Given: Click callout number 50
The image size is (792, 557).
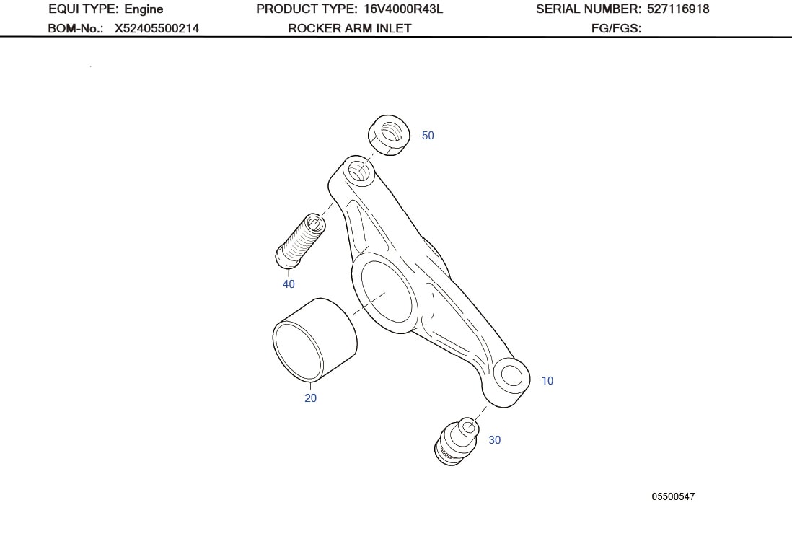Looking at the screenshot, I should (428, 136).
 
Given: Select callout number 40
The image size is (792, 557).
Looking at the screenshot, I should (289, 284).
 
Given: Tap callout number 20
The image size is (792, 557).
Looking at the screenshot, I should (310, 398).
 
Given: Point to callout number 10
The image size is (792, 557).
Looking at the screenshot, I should (547, 381).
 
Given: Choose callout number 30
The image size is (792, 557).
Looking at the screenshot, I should (494, 440).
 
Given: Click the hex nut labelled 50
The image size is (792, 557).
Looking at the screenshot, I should (388, 135).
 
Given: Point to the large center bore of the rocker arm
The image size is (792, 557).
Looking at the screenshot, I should (384, 291).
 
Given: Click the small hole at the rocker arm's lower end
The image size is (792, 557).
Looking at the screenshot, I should (513, 376).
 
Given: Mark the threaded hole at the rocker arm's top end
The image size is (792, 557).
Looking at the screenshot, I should (358, 171).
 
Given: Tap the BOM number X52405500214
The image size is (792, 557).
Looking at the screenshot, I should (157, 28).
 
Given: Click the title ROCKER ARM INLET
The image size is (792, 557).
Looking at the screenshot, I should (349, 28).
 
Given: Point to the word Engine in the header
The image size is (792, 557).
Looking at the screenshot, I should (144, 9).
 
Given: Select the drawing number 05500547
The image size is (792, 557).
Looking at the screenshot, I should (674, 496).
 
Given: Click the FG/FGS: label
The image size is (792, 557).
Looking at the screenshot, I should (616, 28).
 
